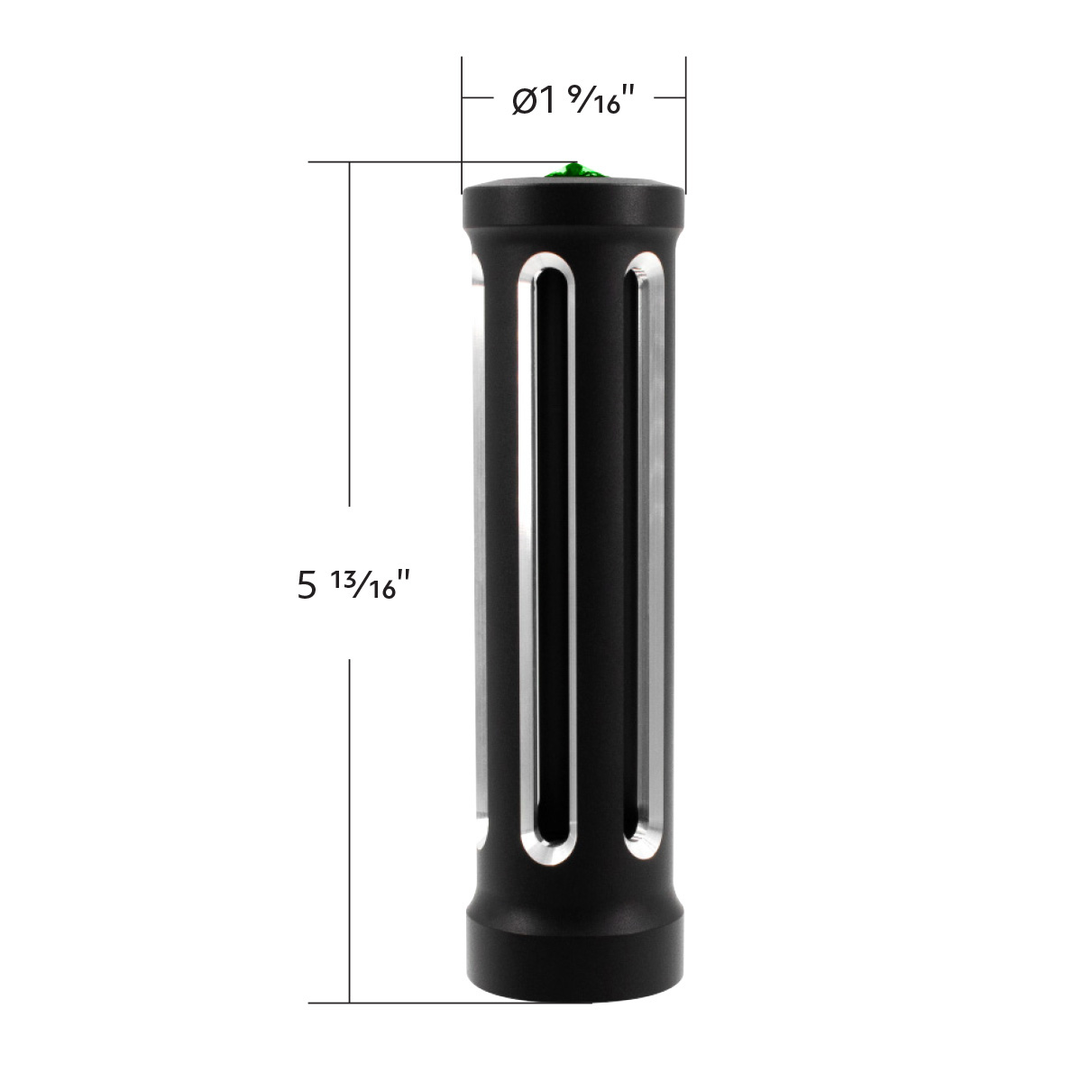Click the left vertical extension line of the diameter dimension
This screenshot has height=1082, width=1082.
pyautogui.click(x=462, y=117)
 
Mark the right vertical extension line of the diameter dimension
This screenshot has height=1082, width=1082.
pyautogui.click(x=686, y=117)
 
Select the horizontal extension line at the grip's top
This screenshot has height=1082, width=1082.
pyautogui.click(x=397, y=162)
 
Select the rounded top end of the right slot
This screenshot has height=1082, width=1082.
pyautogui.click(x=647, y=270)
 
